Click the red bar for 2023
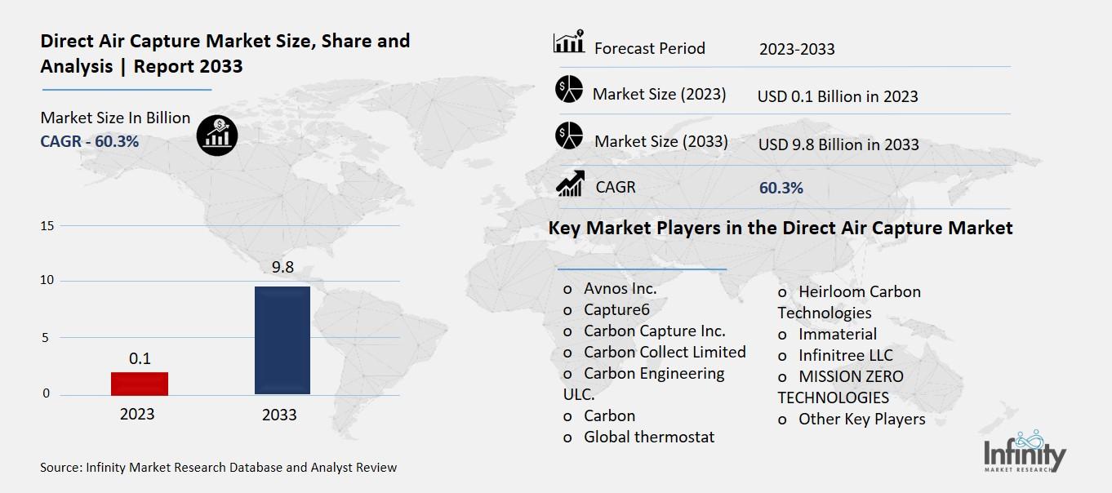(x=140, y=384)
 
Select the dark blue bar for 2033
(x=282, y=340)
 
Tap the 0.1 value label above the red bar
(x=140, y=358)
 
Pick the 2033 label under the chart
(x=279, y=415)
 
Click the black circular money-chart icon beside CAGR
(x=217, y=135)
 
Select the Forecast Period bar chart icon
(x=569, y=43)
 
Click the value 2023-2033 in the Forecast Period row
(x=797, y=49)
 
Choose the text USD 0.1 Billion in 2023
(x=838, y=96)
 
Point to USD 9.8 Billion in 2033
(x=838, y=144)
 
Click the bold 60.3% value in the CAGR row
(x=781, y=188)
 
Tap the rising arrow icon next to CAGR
(x=569, y=184)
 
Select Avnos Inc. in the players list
(x=620, y=288)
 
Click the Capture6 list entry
(x=616, y=309)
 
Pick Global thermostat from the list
(x=648, y=437)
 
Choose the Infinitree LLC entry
(x=845, y=355)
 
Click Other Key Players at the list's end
(x=861, y=419)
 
